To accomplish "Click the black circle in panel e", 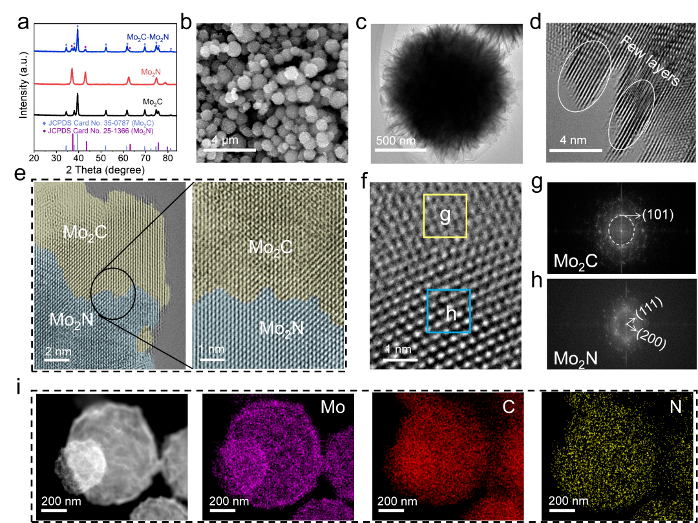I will pos(113,294).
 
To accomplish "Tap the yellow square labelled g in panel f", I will pos(445,215).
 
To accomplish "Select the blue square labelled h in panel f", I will pos(449,311).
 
